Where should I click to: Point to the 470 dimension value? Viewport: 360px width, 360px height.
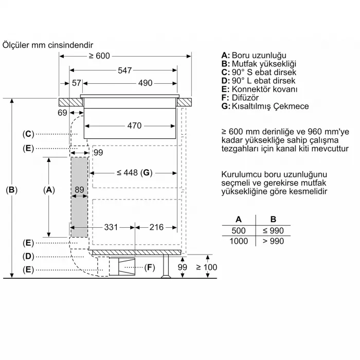tap(134, 125)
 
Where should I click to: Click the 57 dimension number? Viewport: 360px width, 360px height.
tap(76, 83)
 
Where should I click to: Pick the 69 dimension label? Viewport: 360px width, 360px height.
tap(62, 113)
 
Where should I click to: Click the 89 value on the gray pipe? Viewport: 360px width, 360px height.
tap(79, 190)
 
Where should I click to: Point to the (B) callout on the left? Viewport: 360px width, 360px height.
tap(11, 190)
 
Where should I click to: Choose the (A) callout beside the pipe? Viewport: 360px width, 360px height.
tap(49, 190)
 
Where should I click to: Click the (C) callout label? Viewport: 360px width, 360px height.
tap(28, 134)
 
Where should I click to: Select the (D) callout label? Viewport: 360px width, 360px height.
tap(28, 256)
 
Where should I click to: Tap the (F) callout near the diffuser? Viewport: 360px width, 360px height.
tap(150, 267)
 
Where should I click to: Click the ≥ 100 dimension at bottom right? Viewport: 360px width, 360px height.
tap(206, 267)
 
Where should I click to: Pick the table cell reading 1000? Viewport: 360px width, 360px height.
tap(239, 241)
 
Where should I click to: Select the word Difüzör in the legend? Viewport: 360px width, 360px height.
tap(244, 98)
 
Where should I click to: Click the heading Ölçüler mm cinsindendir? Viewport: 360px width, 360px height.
tap(48, 45)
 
